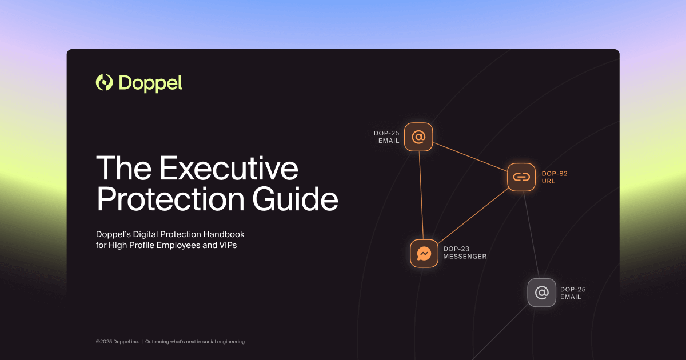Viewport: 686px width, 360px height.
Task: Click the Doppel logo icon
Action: [x=105, y=83]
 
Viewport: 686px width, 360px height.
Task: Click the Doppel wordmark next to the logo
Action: [x=150, y=83]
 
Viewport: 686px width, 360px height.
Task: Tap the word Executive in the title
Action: [x=229, y=169]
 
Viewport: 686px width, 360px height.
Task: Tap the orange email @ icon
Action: [x=418, y=137]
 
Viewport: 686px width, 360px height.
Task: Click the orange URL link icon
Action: [x=521, y=177]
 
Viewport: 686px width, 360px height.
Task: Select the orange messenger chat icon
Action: [x=424, y=253]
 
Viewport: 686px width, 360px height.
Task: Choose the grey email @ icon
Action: [x=541, y=293]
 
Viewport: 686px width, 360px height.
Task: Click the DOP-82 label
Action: [x=554, y=174]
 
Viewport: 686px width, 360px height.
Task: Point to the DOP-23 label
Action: [x=456, y=249]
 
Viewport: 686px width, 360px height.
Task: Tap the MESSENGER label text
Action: [x=465, y=257]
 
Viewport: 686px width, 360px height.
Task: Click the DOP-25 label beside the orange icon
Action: [x=386, y=133]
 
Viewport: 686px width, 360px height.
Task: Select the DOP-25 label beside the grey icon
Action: [x=572, y=289]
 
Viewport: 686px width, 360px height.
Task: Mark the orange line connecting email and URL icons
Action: [x=470, y=157]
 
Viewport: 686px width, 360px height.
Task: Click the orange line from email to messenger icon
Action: [x=421, y=194]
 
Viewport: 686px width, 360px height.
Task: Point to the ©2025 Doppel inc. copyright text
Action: [x=117, y=342]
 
